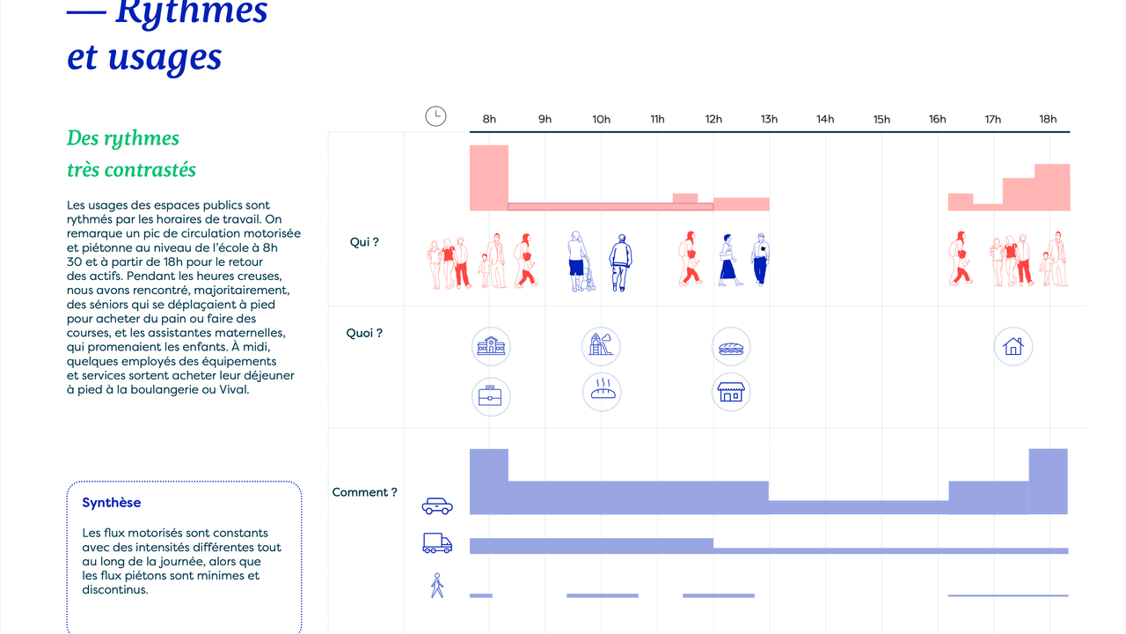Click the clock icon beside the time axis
point(435,116)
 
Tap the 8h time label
point(489,119)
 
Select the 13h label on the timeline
point(769,119)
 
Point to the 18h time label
point(1048,119)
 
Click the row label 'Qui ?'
point(364,242)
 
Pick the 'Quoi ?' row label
point(364,333)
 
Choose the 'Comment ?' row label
point(364,492)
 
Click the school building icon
point(491,346)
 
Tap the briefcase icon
point(491,396)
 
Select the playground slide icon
point(601,346)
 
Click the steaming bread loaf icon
point(602,392)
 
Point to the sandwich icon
point(731,346)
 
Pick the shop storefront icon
point(731,392)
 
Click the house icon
point(1013,346)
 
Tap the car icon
point(437,506)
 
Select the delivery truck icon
point(437,543)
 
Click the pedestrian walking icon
point(437,586)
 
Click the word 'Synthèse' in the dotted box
point(111,503)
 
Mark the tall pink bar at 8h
point(488,178)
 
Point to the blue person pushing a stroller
point(581,262)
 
